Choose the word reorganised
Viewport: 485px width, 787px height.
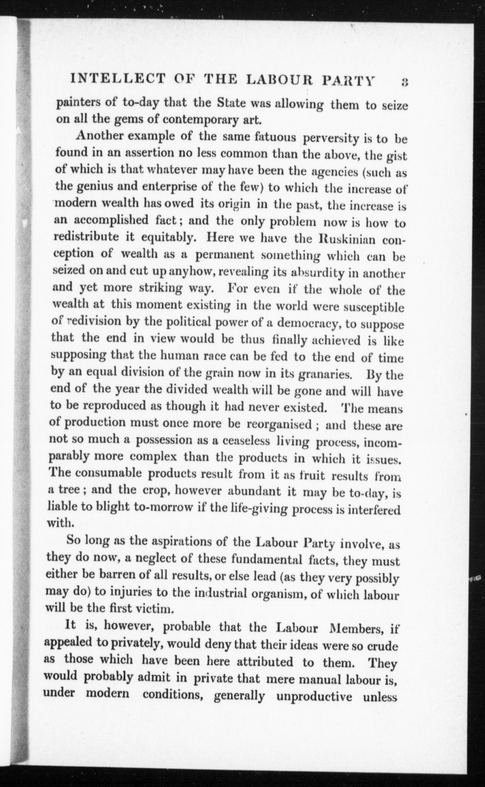pos(279,424)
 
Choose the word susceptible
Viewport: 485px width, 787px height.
pos(373,308)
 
